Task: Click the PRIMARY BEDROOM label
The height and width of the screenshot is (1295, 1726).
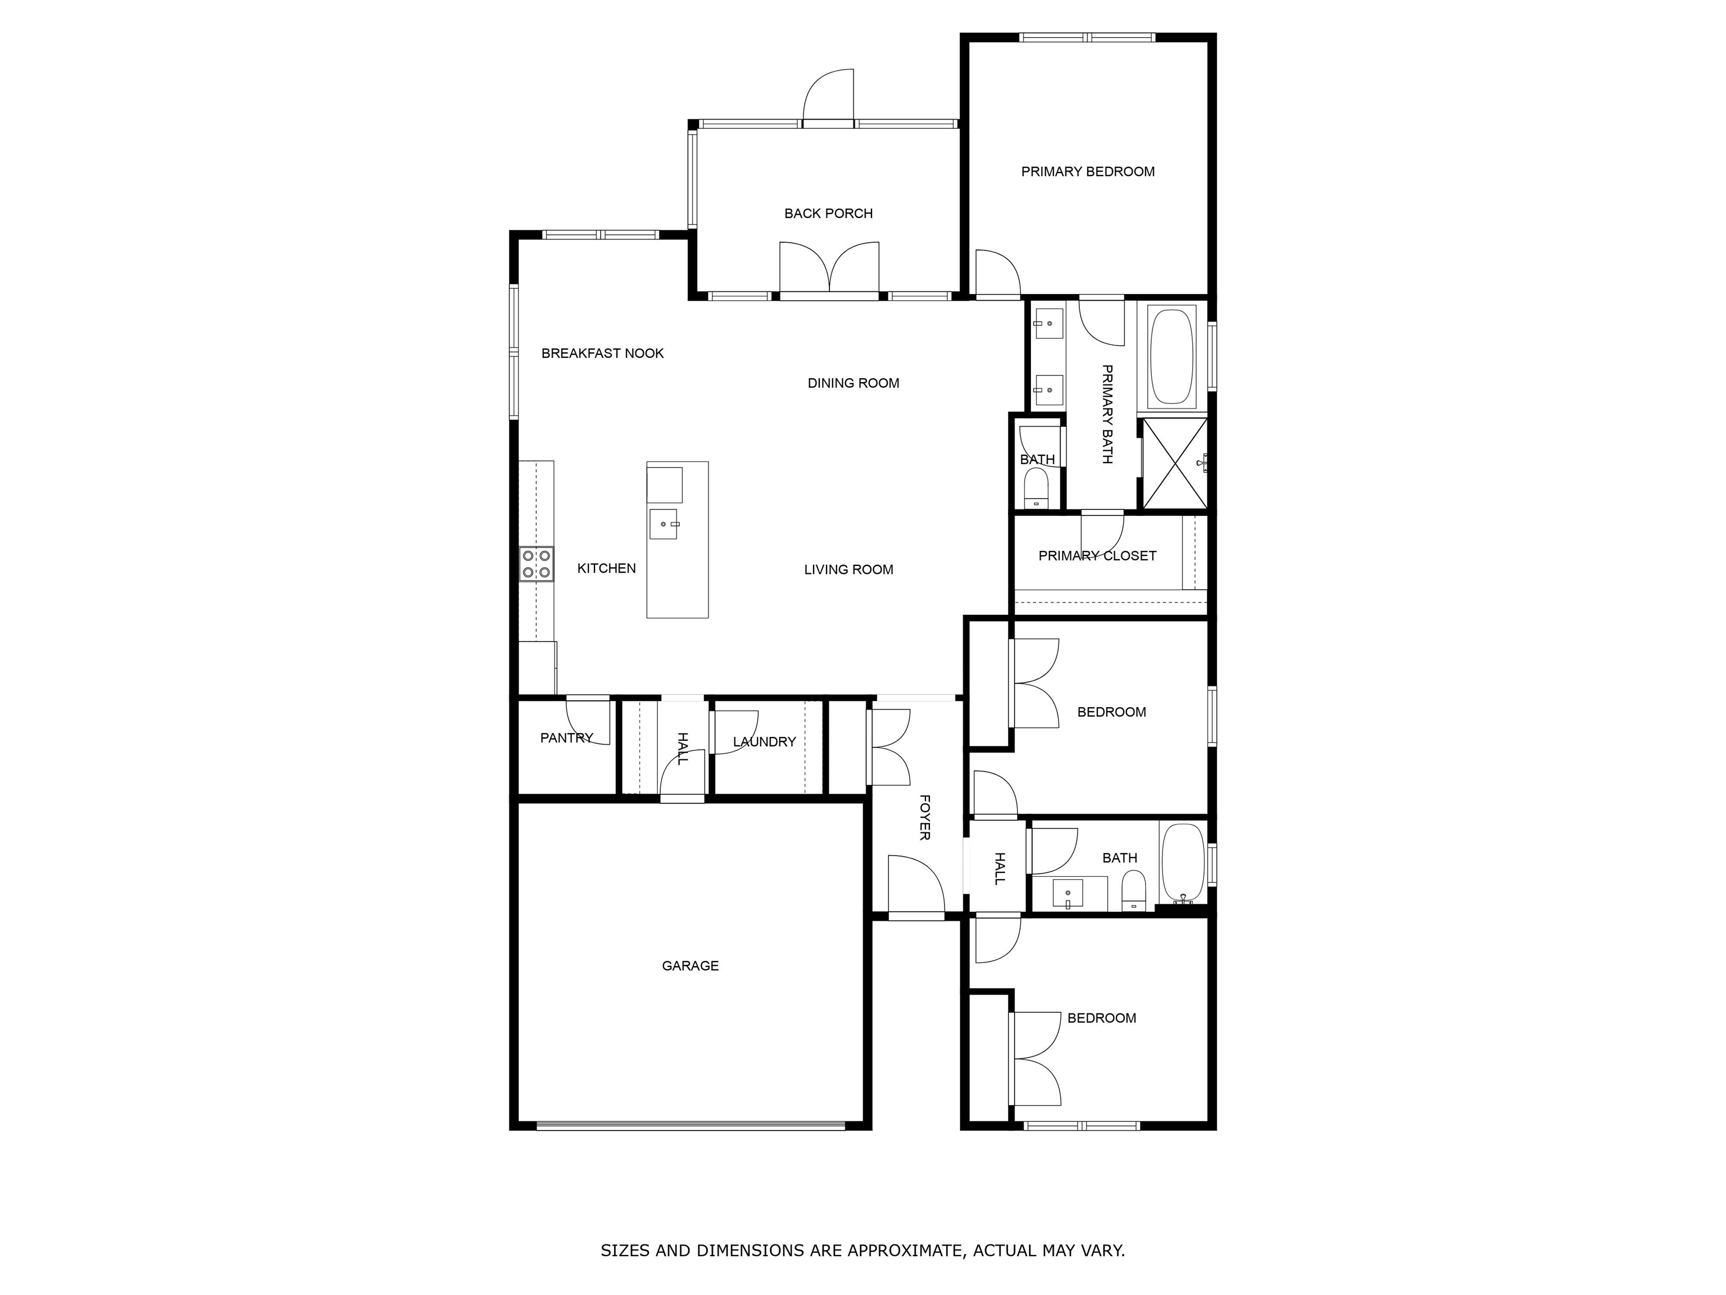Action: tap(1088, 172)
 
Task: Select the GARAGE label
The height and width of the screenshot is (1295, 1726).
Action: tap(690, 966)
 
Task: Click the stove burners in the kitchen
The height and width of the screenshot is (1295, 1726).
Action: tap(537, 564)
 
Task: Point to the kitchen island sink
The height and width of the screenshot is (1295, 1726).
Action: tap(663, 524)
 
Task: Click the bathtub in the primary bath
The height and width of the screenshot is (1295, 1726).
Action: tap(1171, 356)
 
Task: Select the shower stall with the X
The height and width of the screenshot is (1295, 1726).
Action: tap(1174, 464)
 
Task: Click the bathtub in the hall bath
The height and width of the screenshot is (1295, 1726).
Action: tap(1183, 863)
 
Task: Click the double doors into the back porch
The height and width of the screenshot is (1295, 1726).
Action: tap(829, 269)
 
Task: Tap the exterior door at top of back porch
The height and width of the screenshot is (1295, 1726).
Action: tap(829, 98)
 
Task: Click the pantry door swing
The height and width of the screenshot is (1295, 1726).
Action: tap(588, 719)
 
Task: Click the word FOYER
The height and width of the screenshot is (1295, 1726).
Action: tap(925, 817)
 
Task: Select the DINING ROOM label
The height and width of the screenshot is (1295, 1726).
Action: tap(853, 383)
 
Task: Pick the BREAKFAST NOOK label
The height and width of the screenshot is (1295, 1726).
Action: tap(602, 354)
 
